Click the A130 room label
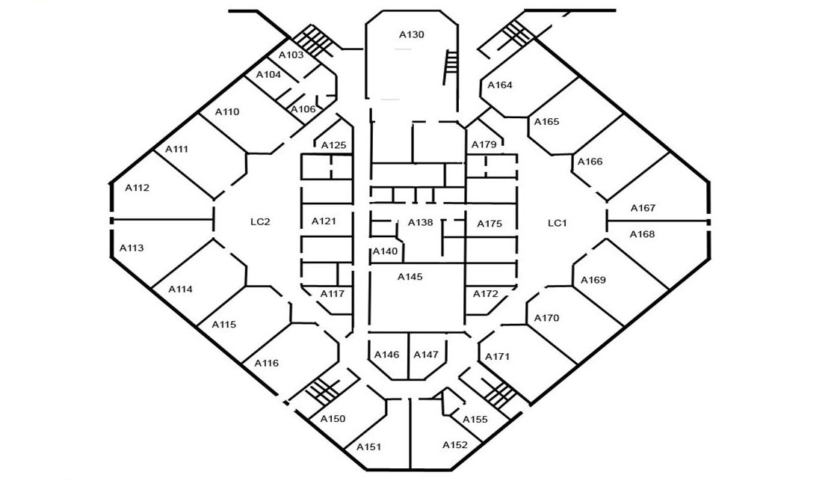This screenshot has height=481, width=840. [x=412, y=35]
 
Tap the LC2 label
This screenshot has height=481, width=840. [x=260, y=222]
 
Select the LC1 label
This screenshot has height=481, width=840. [x=558, y=223]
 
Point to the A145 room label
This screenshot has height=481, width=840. [x=410, y=277]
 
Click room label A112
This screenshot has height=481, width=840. [x=138, y=188]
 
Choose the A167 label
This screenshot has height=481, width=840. [x=643, y=208]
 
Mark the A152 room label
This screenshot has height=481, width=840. [x=455, y=444]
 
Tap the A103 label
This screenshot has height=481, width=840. [x=291, y=55]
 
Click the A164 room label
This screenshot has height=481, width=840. [x=500, y=85]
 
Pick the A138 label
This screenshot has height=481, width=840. [x=421, y=222]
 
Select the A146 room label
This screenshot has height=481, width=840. [x=387, y=355]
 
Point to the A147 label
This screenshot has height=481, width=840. [x=426, y=355]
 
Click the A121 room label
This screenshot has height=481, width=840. [x=324, y=221]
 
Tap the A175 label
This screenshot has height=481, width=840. [x=490, y=224]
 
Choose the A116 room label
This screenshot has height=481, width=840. [x=267, y=363]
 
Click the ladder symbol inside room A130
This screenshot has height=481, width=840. [x=450, y=67]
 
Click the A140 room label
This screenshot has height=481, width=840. [x=386, y=251]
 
